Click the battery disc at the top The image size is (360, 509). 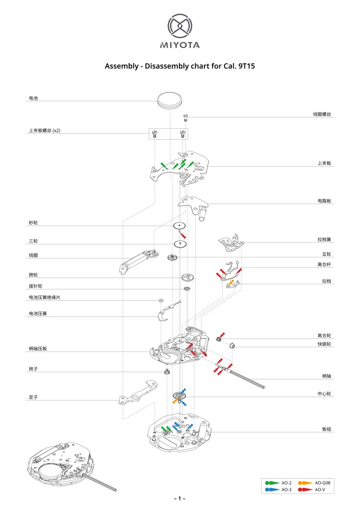pyautogui.click(x=170, y=100)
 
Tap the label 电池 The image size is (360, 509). pyautogui.click(x=33, y=98)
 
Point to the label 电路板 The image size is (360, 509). pyautogui.click(x=324, y=201)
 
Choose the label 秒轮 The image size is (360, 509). pyautogui.click(x=33, y=223)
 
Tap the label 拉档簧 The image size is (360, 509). pyautogui.click(x=324, y=239)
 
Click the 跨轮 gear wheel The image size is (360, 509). pyautogui.click(x=187, y=277)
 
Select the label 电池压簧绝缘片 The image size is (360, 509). pyautogui.click(x=45, y=298)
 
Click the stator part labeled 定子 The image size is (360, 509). pyautogui.click(x=139, y=392)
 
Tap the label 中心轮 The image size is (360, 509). pyautogui.click(x=324, y=394)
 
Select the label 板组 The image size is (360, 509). pyautogui.click(x=326, y=429)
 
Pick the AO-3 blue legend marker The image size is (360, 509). pyautogui.click(x=272, y=489)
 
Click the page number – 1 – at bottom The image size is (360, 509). pyautogui.click(x=180, y=499)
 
